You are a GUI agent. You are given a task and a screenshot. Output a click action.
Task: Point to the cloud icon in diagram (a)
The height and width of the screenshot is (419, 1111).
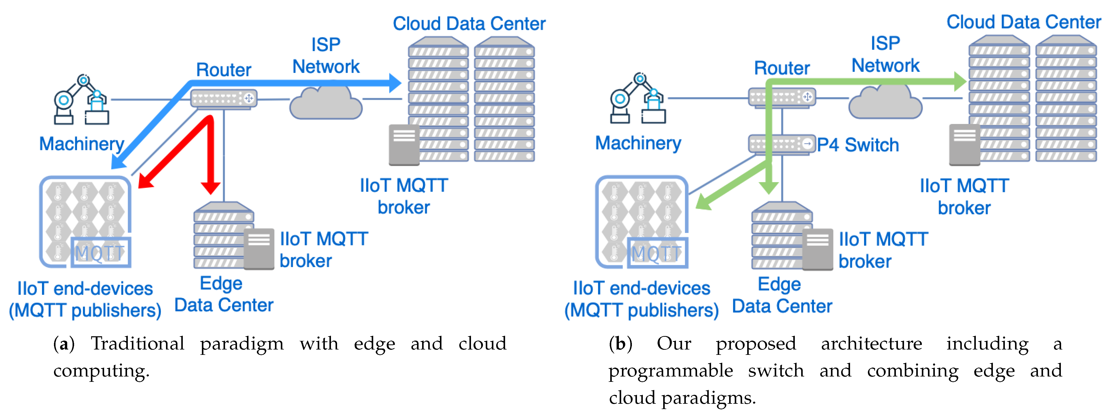click(x=326, y=103)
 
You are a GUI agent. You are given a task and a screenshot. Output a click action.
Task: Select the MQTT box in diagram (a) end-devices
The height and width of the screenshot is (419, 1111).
click(x=101, y=252)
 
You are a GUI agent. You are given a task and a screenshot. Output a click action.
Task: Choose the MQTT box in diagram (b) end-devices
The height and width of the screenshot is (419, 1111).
click(x=657, y=253)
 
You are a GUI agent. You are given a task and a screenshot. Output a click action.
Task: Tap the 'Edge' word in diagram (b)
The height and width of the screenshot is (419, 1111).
click(x=779, y=284)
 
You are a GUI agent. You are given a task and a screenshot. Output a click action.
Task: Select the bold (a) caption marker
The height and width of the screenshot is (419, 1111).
click(x=64, y=344)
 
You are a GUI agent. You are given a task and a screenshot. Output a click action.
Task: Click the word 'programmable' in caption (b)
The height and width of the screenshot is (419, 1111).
click(x=670, y=371)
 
